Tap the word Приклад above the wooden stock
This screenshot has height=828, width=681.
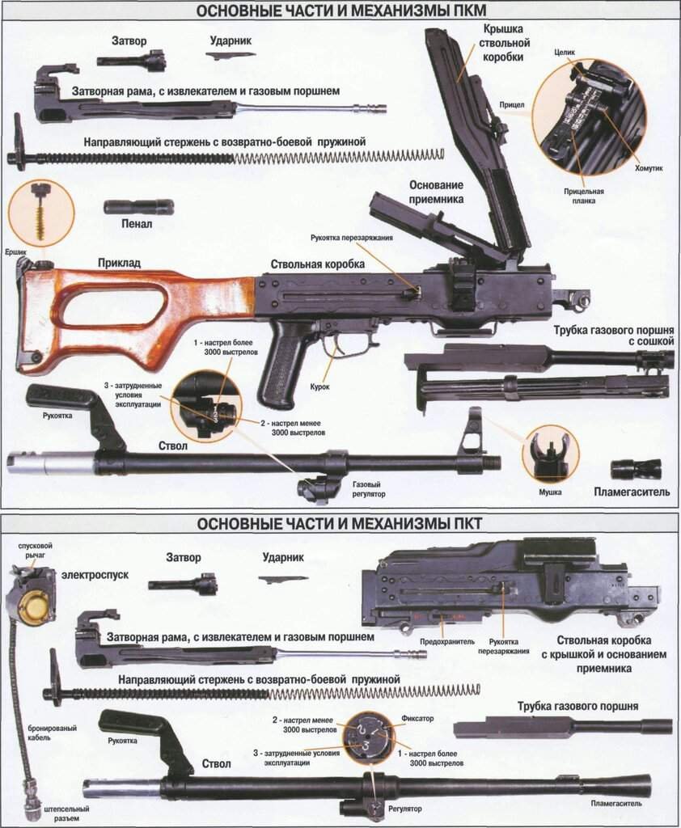(x=119, y=263)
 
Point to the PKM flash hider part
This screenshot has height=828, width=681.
(x=636, y=469)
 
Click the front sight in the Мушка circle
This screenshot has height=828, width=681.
(x=549, y=451)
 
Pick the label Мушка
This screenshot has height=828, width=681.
(x=550, y=492)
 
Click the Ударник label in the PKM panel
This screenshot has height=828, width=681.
(x=229, y=40)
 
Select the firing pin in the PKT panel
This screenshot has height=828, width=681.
(x=283, y=578)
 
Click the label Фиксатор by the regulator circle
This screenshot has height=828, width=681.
(x=417, y=718)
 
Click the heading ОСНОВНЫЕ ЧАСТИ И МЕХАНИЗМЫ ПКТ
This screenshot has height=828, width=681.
(x=340, y=524)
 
